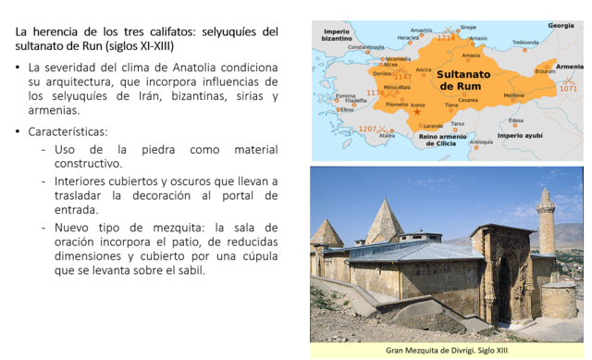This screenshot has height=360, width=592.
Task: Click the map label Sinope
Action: point(468,28)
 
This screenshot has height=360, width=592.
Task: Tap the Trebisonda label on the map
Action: point(525,42)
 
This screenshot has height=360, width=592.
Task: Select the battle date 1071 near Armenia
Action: point(568,89)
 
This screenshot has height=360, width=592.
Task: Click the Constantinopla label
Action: point(365,46)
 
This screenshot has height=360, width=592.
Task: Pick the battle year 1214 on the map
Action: point(446,38)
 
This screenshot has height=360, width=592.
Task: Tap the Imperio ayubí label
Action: point(521,135)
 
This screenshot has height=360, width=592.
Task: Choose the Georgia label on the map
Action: point(561,25)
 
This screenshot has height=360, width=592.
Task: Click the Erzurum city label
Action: point(546,71)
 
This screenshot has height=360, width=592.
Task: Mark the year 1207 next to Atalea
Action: point(368,129)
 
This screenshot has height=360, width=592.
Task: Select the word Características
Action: point(68,131)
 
